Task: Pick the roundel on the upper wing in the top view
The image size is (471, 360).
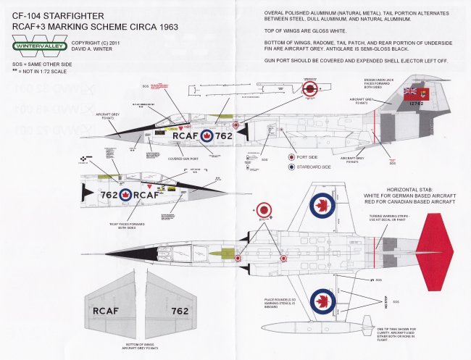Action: [x=322, y=206]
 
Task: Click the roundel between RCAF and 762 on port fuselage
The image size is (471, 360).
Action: [x=206, y=135]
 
